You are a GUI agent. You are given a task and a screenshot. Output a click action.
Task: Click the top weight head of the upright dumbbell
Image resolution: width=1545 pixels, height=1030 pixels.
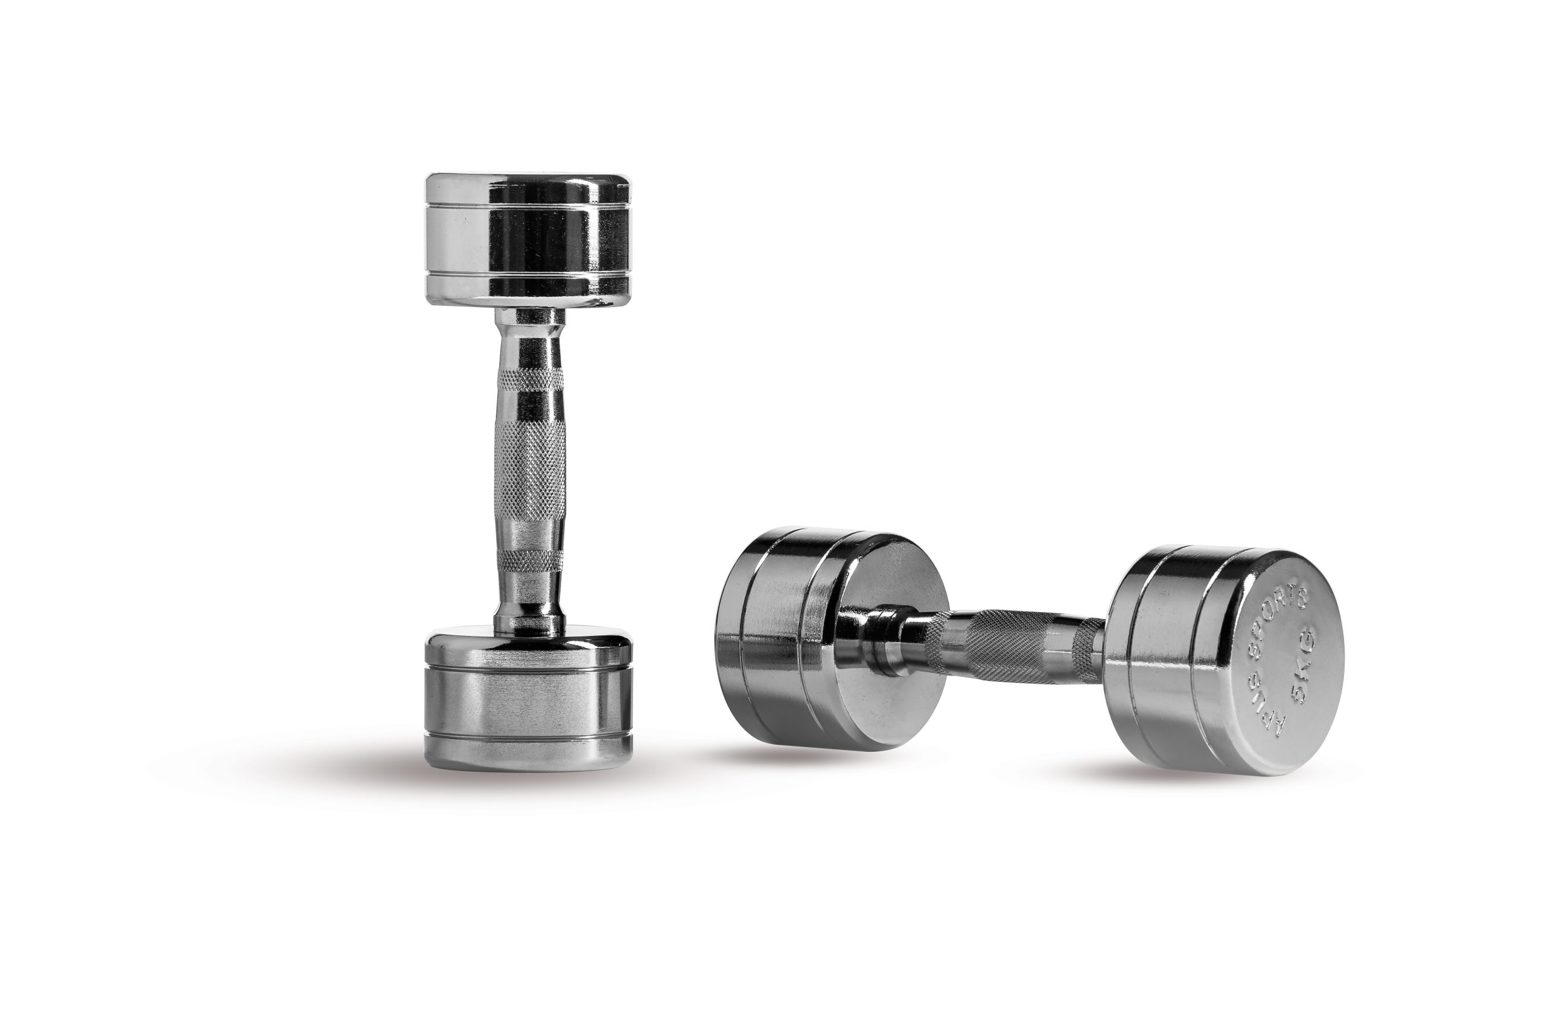click(x=528, y=240)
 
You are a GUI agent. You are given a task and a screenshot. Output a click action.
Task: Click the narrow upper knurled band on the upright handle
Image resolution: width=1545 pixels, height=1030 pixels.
click(x=529, y=380)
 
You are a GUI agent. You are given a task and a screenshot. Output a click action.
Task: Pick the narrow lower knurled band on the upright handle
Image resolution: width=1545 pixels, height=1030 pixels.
click(x=529, y=560)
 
